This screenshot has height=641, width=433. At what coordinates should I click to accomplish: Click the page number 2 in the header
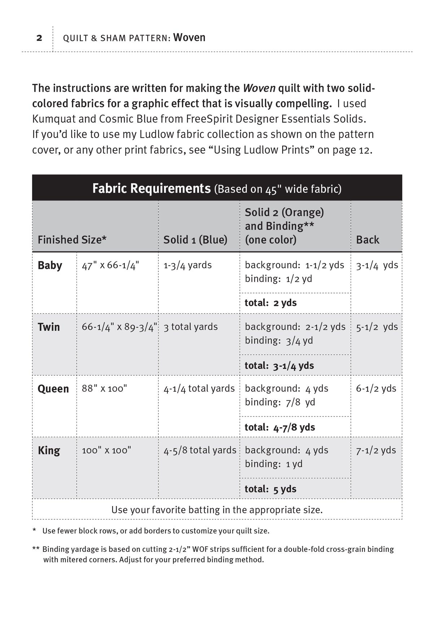coord(39,38)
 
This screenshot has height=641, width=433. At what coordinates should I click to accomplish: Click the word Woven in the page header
coord(189,38)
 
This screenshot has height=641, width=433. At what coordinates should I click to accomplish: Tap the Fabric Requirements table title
coord(151,188)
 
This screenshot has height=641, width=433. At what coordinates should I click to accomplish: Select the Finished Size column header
coord(72,240)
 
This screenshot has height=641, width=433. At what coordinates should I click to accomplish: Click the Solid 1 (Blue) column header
coord(195,240)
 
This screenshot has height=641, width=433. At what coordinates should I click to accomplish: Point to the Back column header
coord(367,240)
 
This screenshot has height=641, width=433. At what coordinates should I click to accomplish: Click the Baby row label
coord(50,265)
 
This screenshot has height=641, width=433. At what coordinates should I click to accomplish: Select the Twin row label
coord(49,327)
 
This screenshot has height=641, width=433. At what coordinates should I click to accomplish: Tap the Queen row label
coord(53,389)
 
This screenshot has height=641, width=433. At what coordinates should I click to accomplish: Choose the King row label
coord(49,450)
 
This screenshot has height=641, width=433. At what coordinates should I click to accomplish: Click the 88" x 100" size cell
coord(104,389)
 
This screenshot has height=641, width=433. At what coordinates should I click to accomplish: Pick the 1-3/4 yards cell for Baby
coord(187,265)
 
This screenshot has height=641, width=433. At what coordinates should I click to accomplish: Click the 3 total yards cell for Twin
coord(191,327)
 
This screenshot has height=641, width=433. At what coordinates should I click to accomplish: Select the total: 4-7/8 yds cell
coord(280,427)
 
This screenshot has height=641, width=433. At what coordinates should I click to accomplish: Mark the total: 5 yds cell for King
coord(270,489)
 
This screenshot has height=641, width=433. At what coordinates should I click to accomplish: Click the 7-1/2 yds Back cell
coord(376,450)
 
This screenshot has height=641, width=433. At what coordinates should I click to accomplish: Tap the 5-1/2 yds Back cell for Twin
coord(377,327)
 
